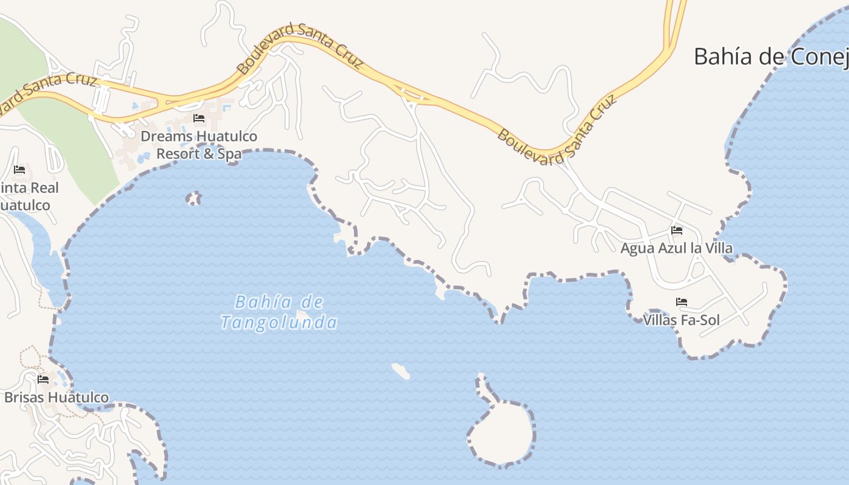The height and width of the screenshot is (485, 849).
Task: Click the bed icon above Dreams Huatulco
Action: tap(198, 118)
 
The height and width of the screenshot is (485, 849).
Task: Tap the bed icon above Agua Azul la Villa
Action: tap(677, 230)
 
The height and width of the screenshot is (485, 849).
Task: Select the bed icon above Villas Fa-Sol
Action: tap(682, 302)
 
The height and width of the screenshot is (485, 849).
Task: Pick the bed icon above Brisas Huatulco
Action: tap(43, 380)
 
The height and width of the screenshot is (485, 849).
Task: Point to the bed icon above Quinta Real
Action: tap(19, 169)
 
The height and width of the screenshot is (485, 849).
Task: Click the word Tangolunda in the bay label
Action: tap(278, 323)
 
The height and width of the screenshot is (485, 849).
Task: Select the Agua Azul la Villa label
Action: tap(676, 248)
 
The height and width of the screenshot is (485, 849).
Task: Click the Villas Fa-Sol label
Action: tap(681, 319)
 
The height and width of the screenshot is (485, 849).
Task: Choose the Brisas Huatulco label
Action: tap(56, 398)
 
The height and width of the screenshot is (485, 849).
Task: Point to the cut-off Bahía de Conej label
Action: tap(770, 56)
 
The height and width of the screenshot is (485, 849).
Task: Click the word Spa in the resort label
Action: tap(229, 154)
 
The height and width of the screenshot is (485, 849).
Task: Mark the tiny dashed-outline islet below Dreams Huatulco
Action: tap(193, 198)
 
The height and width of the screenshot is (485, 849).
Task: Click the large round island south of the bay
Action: tap(502, 432)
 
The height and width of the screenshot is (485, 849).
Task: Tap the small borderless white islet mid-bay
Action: tap(400, 371)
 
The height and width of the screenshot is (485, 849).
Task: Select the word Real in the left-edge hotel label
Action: tap(42, 188)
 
